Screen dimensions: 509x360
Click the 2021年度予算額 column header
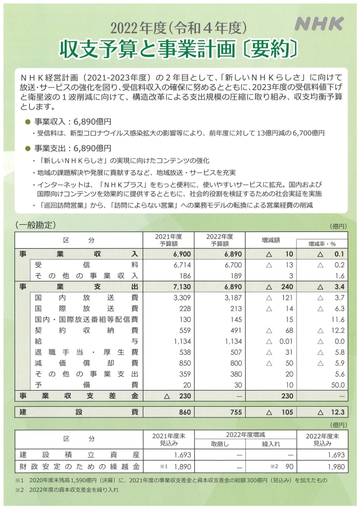(169, 240)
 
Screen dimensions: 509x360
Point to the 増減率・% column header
(321, 244)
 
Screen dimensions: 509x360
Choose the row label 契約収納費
(86, 331)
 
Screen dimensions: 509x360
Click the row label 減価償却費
(86, 363)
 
